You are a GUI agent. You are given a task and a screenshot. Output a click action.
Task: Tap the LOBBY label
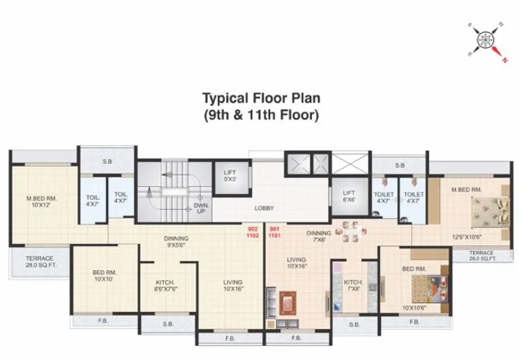point(264,208)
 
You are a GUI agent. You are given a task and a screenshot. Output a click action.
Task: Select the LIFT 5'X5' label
point(230,175)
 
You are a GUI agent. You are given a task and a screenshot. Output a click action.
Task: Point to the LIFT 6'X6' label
point(349,196)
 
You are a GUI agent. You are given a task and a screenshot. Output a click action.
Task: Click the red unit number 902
point(253,228)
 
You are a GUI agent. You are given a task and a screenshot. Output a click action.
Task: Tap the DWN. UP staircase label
point(201,208)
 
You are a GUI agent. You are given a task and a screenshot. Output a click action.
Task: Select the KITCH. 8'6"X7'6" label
point(165,284)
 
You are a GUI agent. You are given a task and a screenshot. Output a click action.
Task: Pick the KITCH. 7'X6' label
point(353,285)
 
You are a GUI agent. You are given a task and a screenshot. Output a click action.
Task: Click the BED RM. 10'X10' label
point(105,276)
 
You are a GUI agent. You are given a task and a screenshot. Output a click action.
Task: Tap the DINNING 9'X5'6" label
point(176,242)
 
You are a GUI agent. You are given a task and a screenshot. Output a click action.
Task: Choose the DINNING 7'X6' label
point(319,236)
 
